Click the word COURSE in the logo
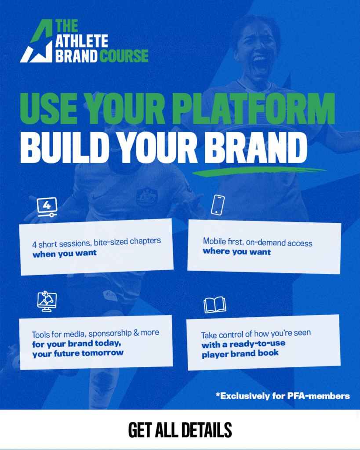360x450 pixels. pyautogui.click(x=124, y=56)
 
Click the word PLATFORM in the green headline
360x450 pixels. pyautogui.click(x=254, y=109)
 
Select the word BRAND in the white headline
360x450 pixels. pyautogui.click(x=256, y=148)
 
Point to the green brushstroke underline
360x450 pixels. pyautogui.click(x=259, y=171)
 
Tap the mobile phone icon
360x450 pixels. pyautogui.click(x=218, y=205)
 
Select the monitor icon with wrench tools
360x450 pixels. pyautogui.click(x=47, y=301)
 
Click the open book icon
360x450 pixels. pyautogui.click(x=215, y=305)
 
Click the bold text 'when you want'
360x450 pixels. pyautogui.click(x=65, y=254)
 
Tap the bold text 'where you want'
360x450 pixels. pyautogui.click(x=237, y=252)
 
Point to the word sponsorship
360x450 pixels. pyautogui.click(x=110, y=334)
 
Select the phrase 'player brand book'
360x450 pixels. pyautogui.click(x=240, y=354)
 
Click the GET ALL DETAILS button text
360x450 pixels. pyautogui.click(x=180, y=430)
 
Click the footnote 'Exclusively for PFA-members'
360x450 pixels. pyautogui.click(x=283, y=396)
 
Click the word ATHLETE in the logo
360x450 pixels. pyautogui.click(x=81, y=41)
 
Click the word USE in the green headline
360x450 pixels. pyautogui.click(x=49, y=109)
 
